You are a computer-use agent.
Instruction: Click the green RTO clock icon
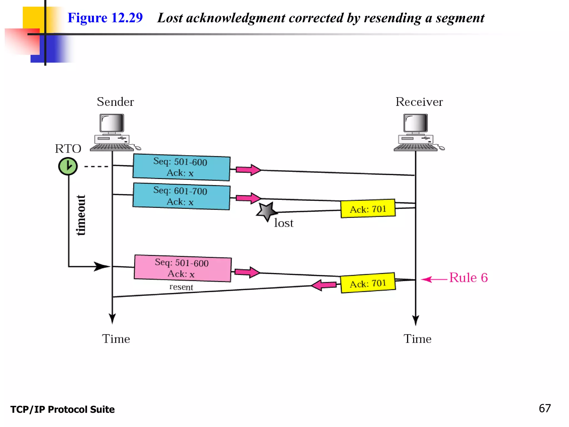coord(68,166)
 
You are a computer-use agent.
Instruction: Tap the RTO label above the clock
coord(68,149)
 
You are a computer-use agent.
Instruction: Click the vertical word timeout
coord(81,215)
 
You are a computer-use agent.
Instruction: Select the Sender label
coord(115,102)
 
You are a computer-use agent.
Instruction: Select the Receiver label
coord(419,102)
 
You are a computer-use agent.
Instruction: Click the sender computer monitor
coord(112,123)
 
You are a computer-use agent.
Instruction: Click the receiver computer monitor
coord(416,123)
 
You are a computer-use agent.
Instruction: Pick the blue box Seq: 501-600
coord(181,167)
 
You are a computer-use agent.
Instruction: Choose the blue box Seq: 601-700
coord(181,196)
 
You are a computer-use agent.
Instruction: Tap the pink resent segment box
coord(183,268)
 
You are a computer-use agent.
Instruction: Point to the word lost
coord(283,223)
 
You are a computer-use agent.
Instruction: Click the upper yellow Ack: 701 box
coord(368,209)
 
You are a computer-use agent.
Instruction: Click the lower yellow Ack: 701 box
coord(368,283)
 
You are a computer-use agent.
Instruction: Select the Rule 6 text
coord(468,278)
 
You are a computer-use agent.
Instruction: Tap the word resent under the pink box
coord(181,287)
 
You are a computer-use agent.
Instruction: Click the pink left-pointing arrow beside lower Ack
coord(324,285)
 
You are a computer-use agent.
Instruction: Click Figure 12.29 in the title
coord(105,18)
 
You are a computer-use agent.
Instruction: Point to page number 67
coord(545,408)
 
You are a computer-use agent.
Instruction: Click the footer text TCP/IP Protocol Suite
coord(63,409)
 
